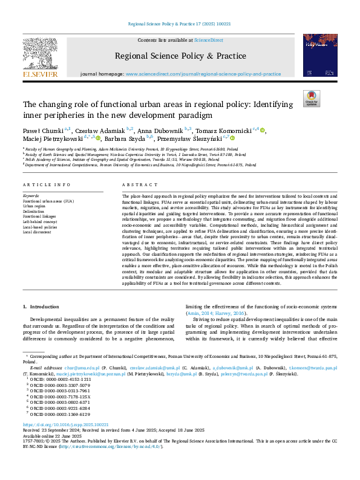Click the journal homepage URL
coord(203,74)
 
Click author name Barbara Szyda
coord(129,138)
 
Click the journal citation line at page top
coord(179,25)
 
